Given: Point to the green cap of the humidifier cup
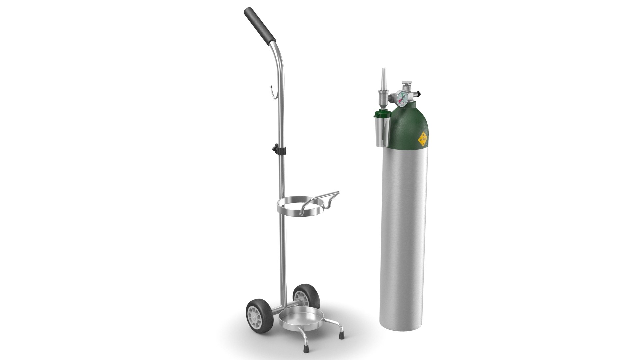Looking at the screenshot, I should tap(379, 115).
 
